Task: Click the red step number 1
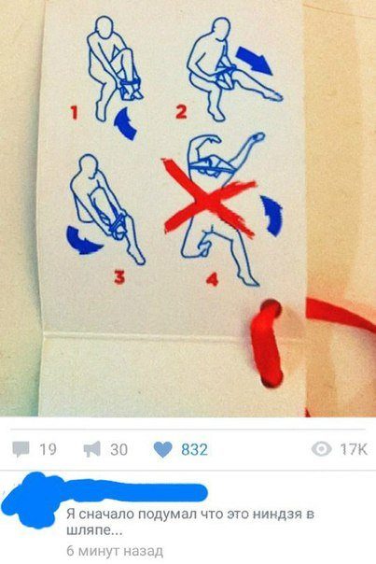point(74,112)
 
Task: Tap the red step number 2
point(181,111)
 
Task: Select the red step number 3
point(119,277)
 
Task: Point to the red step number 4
point(213,278)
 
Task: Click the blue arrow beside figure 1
point(126,123)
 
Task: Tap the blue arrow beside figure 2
point(255,60)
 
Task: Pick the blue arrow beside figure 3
point(82,240)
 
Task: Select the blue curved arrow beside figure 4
point(273,216)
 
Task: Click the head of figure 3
point(87,165)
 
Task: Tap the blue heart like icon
point(163,450)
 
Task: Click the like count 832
point(194,450)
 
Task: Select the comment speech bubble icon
point(21,450)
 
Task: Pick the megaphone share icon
point(92,450)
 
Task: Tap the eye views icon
point(321,449)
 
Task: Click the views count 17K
point(354,449)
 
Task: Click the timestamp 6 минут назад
point(115,551)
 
